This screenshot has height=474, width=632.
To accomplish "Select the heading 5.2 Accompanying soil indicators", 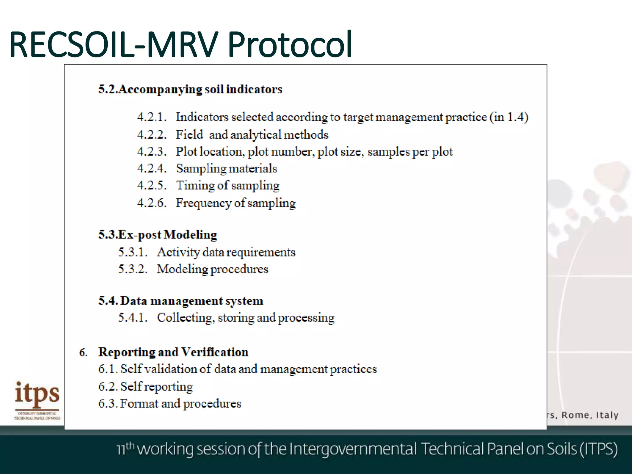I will point(190,89).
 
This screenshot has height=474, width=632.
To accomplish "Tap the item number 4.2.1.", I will point(152,117).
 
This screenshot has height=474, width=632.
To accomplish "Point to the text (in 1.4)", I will point(509,117).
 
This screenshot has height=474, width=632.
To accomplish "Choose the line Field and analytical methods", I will point(252,135).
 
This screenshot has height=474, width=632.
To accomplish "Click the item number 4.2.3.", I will point(152,152).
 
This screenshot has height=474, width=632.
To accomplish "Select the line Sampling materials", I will point(227,169).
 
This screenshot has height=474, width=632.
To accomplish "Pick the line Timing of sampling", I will point(228,186).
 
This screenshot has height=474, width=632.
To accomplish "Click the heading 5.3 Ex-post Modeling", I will point(158,235).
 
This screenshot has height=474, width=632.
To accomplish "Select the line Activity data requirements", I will point(226,252).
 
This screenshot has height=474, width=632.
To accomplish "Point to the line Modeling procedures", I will point(212,269).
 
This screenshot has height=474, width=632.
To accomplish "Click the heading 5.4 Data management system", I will point(181,301).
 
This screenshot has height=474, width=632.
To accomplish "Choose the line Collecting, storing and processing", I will point(246,318).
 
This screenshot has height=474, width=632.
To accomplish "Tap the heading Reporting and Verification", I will point(173,352).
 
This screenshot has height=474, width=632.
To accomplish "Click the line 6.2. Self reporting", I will point(145,387).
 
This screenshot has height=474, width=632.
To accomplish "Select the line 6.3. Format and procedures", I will point(169,404).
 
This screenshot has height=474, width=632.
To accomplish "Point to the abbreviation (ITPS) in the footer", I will point(598,449).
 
